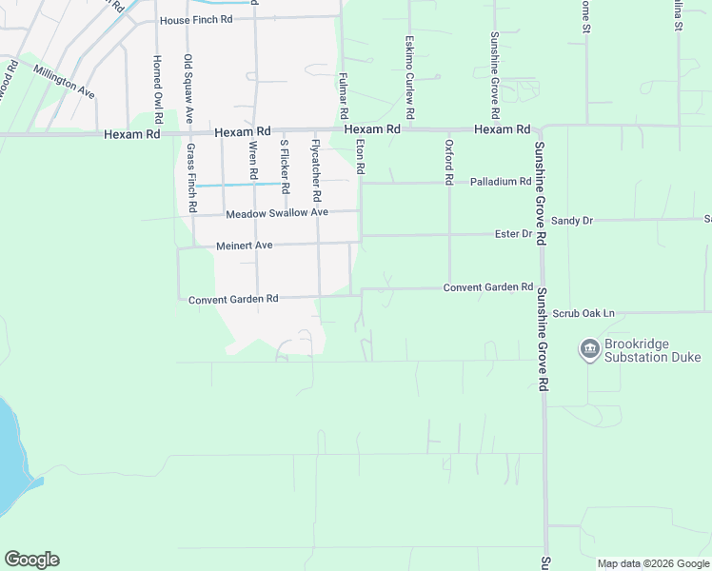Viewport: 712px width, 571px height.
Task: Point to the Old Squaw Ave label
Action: pyautogui.click(x=188, y=89)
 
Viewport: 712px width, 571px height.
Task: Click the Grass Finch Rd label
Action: pyautogui.click(x=190, y=177)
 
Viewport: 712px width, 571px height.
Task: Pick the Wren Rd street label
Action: pyautogui.click(x=253, y=160)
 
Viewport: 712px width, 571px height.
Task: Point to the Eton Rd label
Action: pyautogui.click(x=360, y=156)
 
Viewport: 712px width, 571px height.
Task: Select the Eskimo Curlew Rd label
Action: pyautogui.click(x=408, y=77)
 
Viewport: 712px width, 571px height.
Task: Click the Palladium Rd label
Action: pyautogui.click(x=500, y=181)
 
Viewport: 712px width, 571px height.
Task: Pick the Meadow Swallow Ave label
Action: pyautogui.click(x=277, y=212)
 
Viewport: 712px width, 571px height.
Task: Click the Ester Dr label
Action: pyautogui.click(x=513, y=233)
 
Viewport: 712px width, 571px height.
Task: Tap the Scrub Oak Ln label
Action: pyautogui.click(x=583, y=313)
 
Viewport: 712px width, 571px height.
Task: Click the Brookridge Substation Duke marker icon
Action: pyautogui.click(x=589, y=349)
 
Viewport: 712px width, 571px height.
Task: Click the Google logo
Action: pyautogui.click(x=31, y=560)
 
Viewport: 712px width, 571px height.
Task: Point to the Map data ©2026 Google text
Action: pyautogui.click(x=652, y=563)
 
